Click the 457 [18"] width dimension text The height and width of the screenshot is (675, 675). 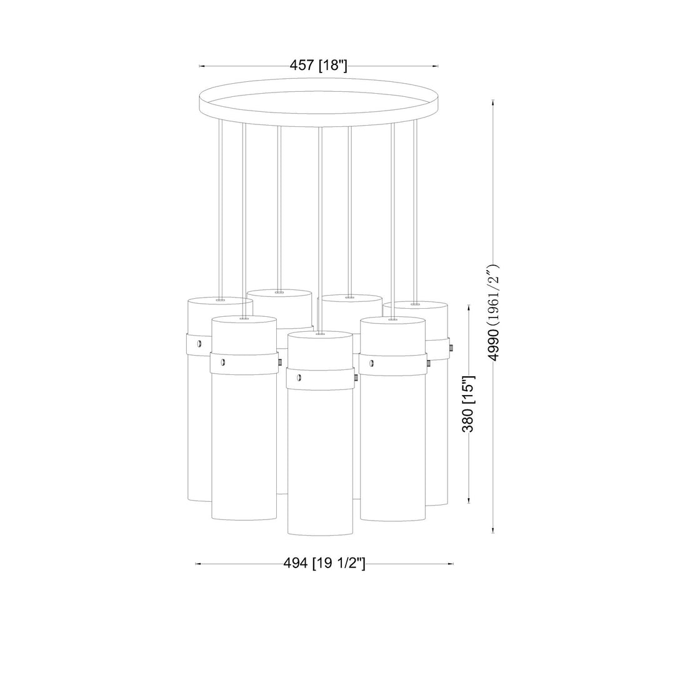(x=318, y=66)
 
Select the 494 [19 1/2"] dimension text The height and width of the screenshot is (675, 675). (x=324, y=563)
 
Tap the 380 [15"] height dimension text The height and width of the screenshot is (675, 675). (x=468, y=403)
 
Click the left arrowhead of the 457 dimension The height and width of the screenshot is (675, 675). (x=201, y=66)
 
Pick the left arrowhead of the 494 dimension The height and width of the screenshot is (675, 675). (x=198, y=564)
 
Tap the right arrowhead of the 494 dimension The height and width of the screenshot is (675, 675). (x=451, y=564)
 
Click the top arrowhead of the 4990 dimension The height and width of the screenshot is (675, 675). (x=493, y=102)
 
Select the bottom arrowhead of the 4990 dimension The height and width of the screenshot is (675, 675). (x=493, y=531)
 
